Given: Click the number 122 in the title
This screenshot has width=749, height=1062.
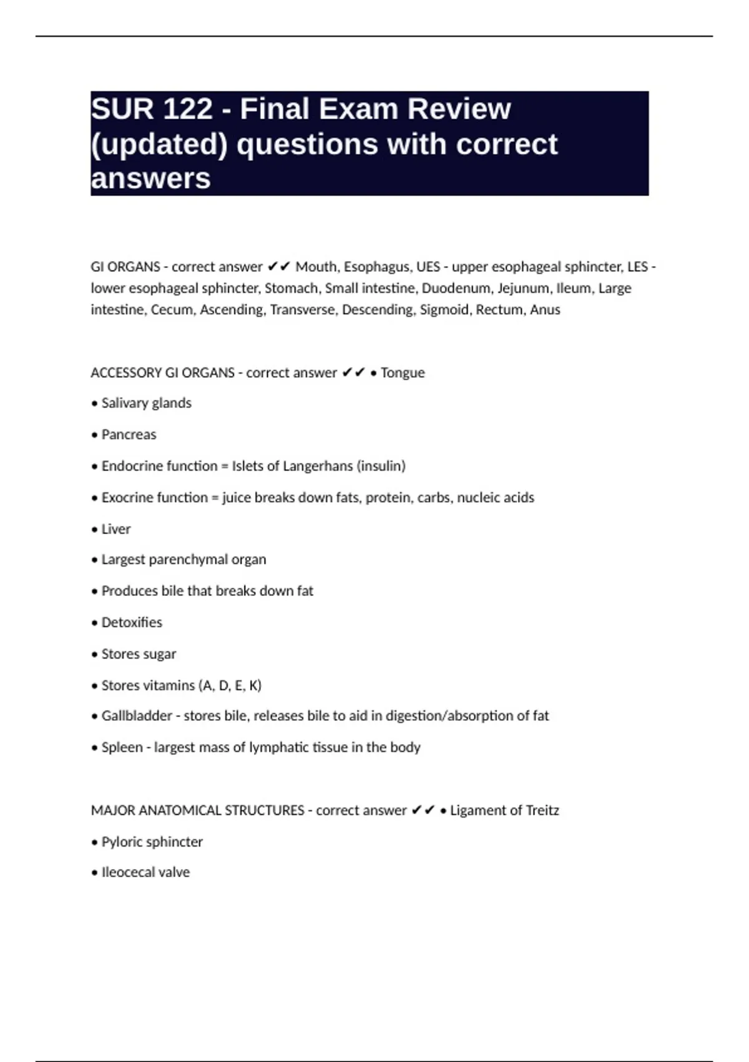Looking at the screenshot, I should pyautogui.click(x=187, y=109).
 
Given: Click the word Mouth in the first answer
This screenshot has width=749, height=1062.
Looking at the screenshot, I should pyautogui.click(x=318, y=267).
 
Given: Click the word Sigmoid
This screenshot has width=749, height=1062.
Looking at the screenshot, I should pyautogui.click(x=444, y=310).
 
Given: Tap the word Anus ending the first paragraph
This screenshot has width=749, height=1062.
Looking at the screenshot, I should pyautogui.click(x=545, y=310).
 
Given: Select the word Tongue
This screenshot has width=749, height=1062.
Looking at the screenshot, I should pyautogui.click(x=403, y=373).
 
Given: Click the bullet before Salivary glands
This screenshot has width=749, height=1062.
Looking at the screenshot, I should pyautogui.click(x=95, y=404).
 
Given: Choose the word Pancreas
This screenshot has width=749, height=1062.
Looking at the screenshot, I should pyautogui.click(x=129, y=435).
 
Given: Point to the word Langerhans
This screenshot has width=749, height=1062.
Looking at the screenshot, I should pyautogui.click(x=319, y=466).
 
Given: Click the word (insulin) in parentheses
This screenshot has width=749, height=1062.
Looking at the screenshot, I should pyautogui.click(x=381, y=466).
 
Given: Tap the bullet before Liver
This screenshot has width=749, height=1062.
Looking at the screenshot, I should pyautogui.click(x=95, y=530).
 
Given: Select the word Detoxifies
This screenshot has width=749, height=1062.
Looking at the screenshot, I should pyautogui.click(x=132, y=623).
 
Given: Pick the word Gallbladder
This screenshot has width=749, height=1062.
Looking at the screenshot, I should pyautogui.click(x=137, y=716).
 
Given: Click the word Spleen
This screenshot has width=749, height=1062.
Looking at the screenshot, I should pyautogui.click(x=122, y=748).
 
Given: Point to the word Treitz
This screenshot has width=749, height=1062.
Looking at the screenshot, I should pyautogui.click(x=542, y=811).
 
